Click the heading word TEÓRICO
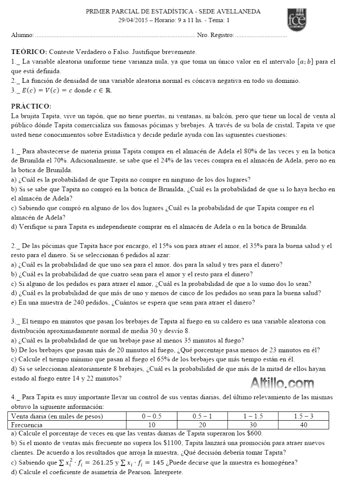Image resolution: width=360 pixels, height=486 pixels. click(x=29, y=52)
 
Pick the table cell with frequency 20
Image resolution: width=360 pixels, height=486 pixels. click(x=203, y=425)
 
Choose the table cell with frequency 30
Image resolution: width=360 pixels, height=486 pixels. click(x=252, y=425)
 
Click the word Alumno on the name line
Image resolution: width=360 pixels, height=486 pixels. click(x=22, y=35)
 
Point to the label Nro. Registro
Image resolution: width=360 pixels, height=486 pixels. click(x=215, y=35)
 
